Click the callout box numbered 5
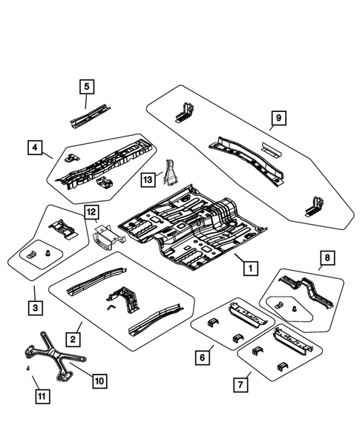point(86,88)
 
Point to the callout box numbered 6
point(200,357)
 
